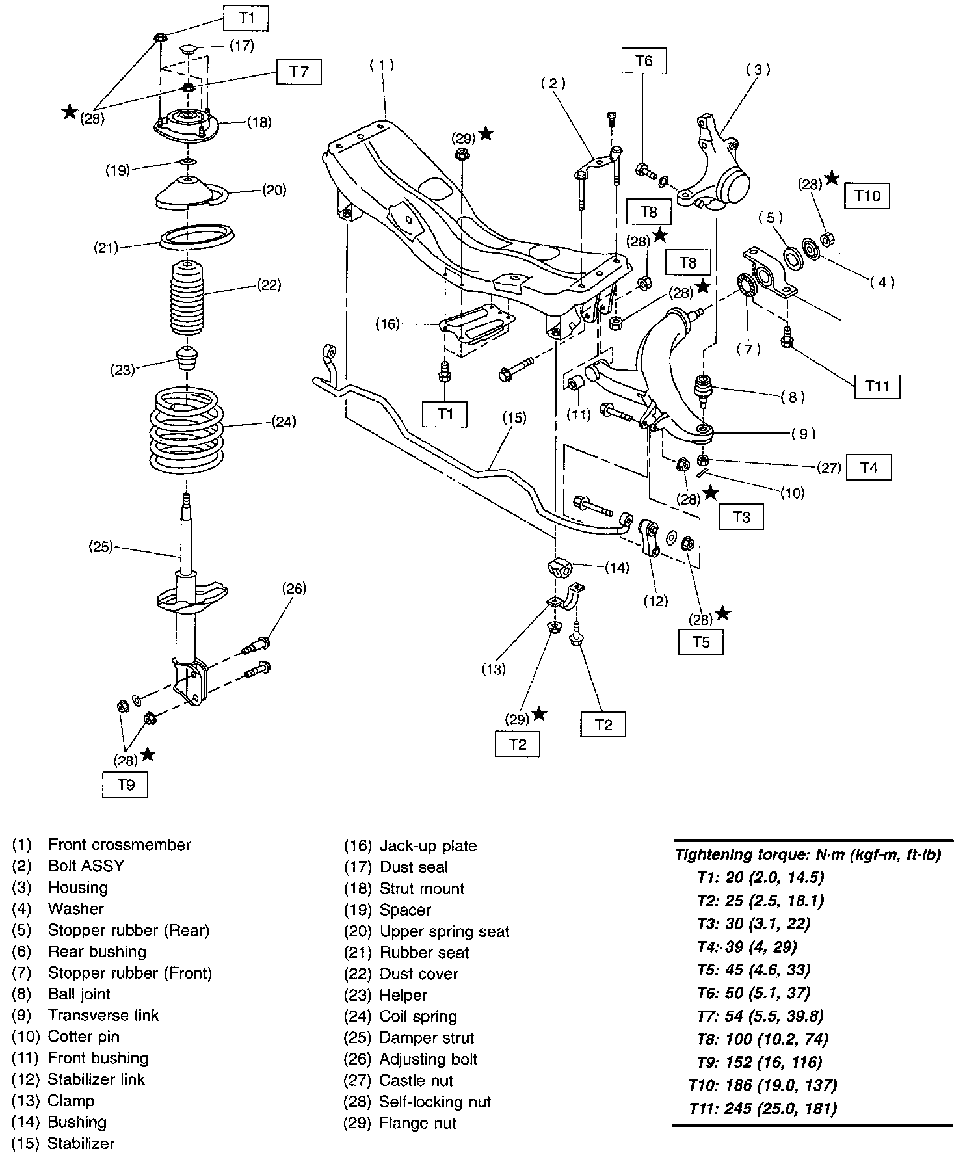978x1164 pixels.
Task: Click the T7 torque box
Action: pos(298,72)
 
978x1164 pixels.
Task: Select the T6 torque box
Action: pos(644,61)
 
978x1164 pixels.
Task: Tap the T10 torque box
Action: pos(867,195)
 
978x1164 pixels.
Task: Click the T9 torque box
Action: pos(126,785)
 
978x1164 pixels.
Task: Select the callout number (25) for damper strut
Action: pos(101,546)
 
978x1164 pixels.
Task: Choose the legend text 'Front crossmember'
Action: pos(120,845)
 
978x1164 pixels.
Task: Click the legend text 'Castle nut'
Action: pos(416,1080)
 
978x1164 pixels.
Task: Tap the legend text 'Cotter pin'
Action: pos(83,1037)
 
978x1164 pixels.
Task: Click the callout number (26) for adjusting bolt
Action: pos(294,589)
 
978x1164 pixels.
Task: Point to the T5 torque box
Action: pos(700,642)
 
